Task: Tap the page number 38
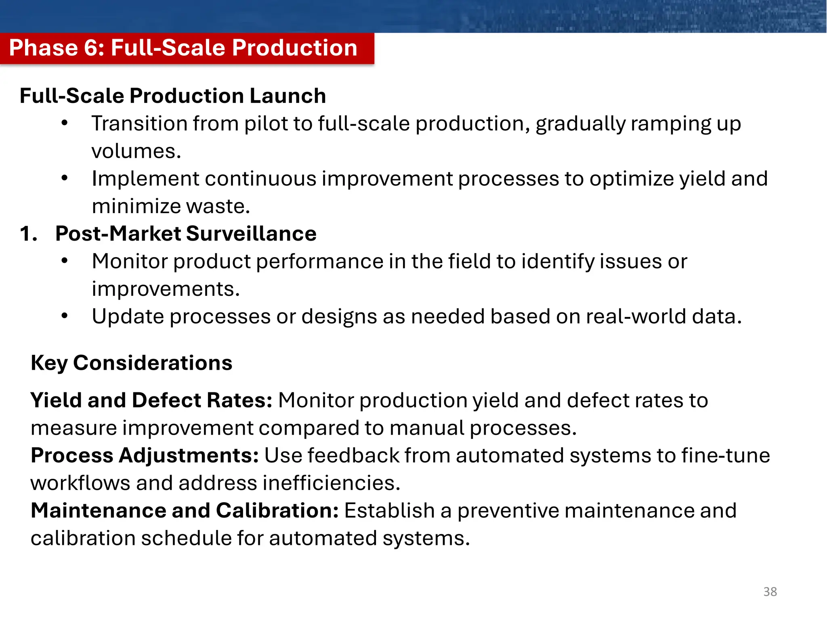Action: coord(770,592)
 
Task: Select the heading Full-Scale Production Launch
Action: coord(173,96)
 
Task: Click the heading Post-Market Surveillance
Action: coord(186,234)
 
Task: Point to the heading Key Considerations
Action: coord(132,362)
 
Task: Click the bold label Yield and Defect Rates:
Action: coord(151,400)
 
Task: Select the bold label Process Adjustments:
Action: coord(145,456)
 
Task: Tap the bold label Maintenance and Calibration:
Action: coord(185,511)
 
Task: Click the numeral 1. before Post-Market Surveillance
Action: coord(28,234)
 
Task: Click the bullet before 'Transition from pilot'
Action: coord(65,123)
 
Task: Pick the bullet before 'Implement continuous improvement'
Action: coord(65,178)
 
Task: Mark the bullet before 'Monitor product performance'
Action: coord(65,261)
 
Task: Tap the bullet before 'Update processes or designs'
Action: coord(65,316)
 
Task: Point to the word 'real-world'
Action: coord(636,316)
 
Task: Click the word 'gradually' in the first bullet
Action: coord(580,124)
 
